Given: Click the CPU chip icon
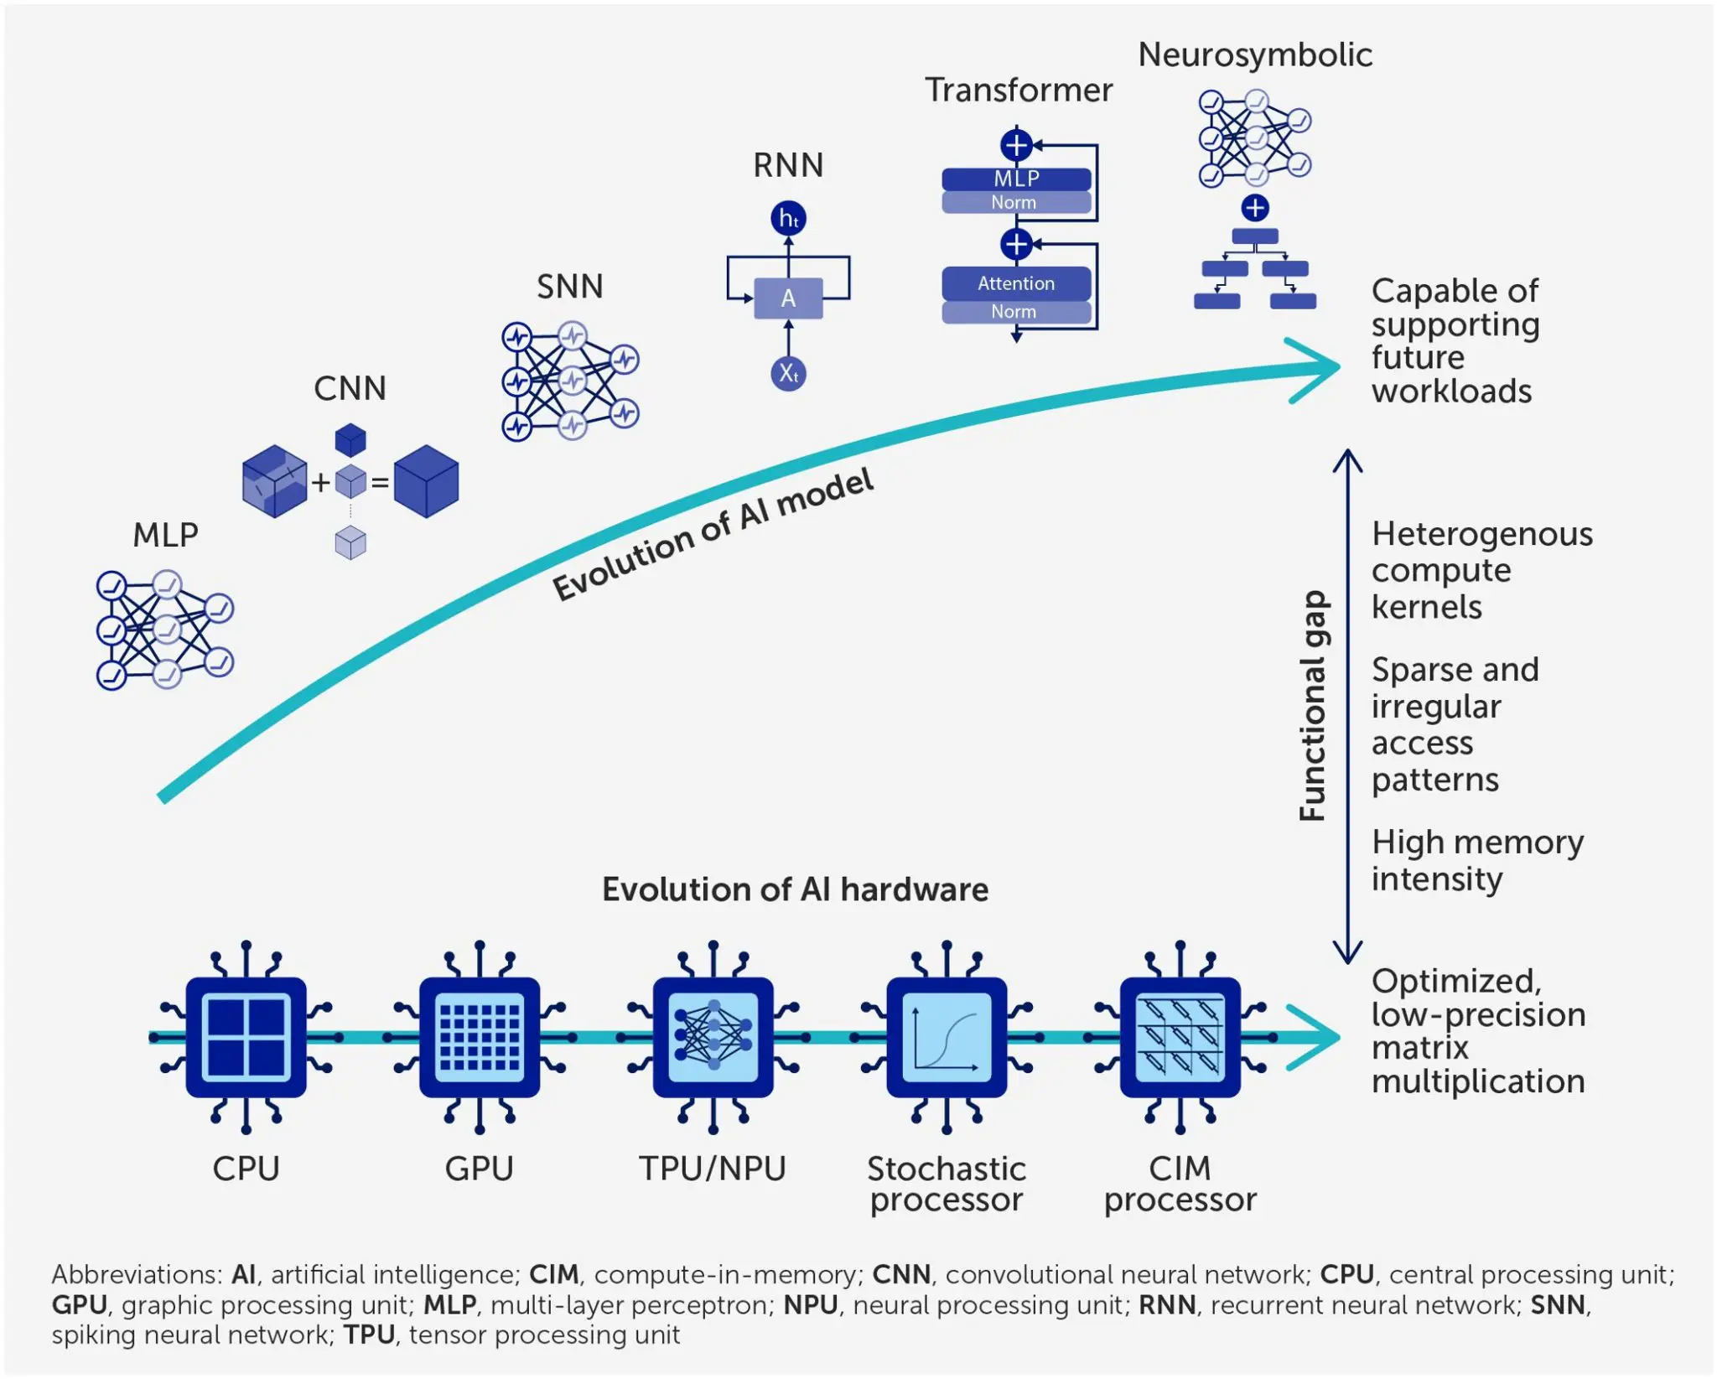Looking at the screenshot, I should click(246, 1037).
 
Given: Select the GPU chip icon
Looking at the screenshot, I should click(480, 1037).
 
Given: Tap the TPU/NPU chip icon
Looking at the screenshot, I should click(713, 1037).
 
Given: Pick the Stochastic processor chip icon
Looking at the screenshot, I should click(947, 1037).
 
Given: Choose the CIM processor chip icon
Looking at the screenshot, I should click(1180, 1037).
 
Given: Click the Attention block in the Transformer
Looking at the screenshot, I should click(1016, 283).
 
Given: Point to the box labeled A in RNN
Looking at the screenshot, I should click(788, 298).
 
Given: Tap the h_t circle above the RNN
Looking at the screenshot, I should click(788, 219).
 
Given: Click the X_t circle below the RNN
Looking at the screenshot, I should click(788, 373).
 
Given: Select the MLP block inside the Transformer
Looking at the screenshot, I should click(1016, 179).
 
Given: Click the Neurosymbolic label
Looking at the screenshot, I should click(1254, 55).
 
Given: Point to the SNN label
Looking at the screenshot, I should click(570, 287).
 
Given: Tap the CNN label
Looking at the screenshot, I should click(350, 389).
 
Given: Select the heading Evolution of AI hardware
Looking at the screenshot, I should click(795, 889).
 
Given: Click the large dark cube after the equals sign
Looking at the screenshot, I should click(426, 481).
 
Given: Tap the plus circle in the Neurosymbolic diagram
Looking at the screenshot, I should click(1254, 208).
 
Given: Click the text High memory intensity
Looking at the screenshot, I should click(1477, 860).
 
